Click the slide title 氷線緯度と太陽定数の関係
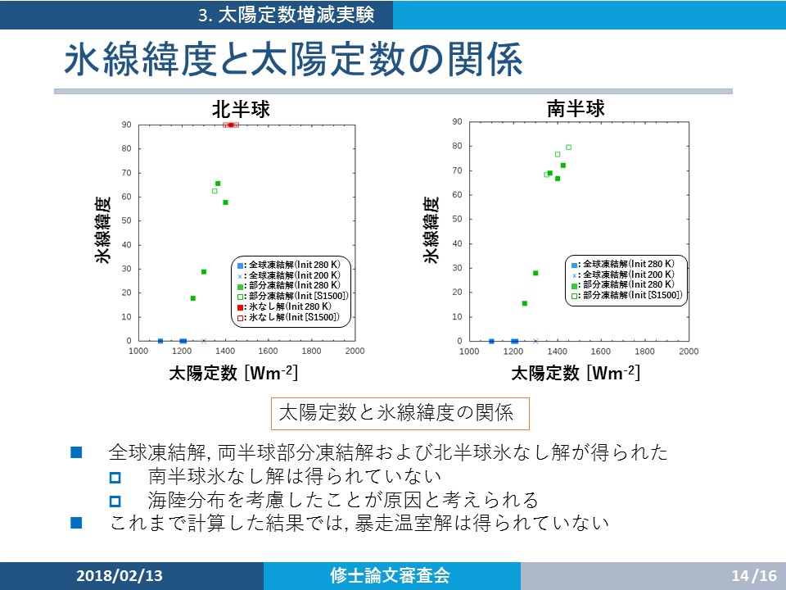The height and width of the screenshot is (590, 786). click(x=294, y=59)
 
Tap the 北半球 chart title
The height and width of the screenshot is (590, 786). click(x=241, y=109)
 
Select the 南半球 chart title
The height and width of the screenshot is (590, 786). click(x=576, y=108)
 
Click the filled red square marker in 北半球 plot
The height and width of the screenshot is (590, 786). click(x=231, y=125)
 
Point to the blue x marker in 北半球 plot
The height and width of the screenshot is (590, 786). click(x=204, y=341)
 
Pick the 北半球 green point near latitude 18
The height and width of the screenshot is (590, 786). click(x=193, y=298)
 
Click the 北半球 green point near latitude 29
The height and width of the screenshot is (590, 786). click(x=204, y=272)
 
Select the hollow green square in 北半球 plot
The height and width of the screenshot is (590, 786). click(x=215, y=191)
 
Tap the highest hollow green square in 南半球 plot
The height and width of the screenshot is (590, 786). click(x=568, y=147)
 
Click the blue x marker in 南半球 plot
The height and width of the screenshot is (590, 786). click(x=535, y=342)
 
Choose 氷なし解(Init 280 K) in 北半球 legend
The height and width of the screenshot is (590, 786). click(x=290, y=306)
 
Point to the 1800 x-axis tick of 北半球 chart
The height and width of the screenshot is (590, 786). click(x=311, y=352)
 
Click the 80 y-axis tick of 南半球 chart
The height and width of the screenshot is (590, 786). click(x=457, y=146)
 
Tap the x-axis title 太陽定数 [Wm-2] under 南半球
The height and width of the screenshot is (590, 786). click(x=576, y=373)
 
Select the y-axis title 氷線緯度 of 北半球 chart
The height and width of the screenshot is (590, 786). click(x=102, y=229)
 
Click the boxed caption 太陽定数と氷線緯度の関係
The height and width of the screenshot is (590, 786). click(x=400, y=413)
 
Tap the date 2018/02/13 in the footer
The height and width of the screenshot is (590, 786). click(x=120, y=575)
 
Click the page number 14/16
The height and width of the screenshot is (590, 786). click(x=754, y=575)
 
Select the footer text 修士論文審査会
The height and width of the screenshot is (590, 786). click(x=390, y=575)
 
